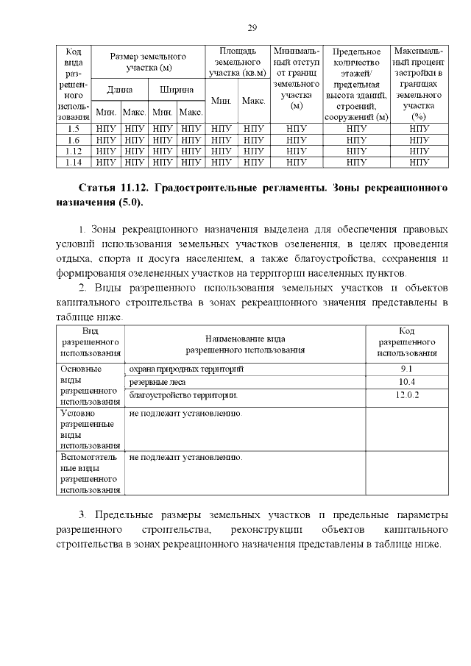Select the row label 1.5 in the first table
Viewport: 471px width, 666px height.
pyautogui.click(x=73, y=129)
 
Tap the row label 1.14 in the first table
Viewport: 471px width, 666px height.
pyautogui.click(x=73, y=161)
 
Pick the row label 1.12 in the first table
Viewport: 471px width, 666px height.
pyautogui.click(x=73, y=150)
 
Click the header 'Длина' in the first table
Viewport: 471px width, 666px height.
pyautogui.click(x=120, y=90)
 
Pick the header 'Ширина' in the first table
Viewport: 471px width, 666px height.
pyautogui.click(x=177, y=90)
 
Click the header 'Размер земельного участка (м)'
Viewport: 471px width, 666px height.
pyautogui.click(x=148, y=62)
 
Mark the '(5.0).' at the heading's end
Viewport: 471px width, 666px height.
pyautogui.click(x=130, y=202)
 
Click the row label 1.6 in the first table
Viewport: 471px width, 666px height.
pyautogui.click(x=73, y=140)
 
